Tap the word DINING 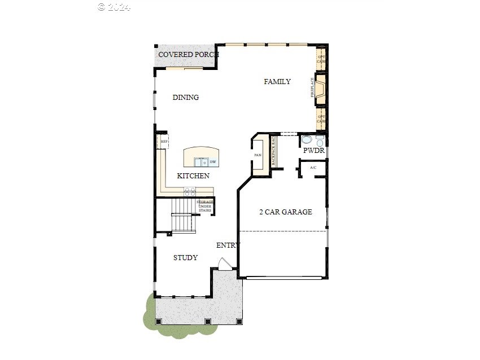click(x=186, y=98)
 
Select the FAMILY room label click(x=277, y=82)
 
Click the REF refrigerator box click(x=164, y=142)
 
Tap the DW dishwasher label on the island click(x=213, y=163)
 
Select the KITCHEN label click(x=193, y=176)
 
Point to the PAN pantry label click(x=258, y=155)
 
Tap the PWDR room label click(x=313, y=151)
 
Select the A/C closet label click(x=313, y=168)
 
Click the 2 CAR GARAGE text click(x=285, y=212)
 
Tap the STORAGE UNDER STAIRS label click(x=204, y=206)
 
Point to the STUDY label click(x=185, y=258)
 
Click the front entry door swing click(x=225, y=264)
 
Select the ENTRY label click(x=228, y=245)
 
